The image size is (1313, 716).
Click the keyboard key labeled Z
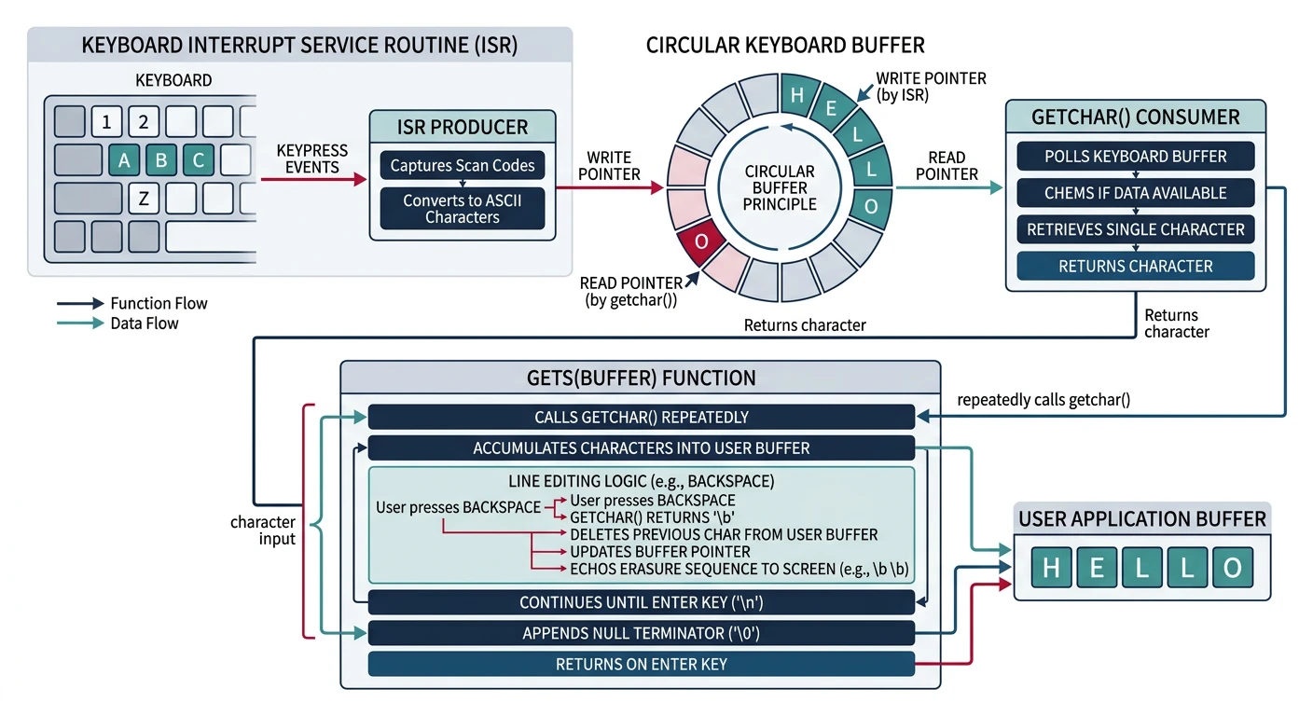click(x=143, y=198)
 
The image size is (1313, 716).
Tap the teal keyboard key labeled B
click(x=161, y=159)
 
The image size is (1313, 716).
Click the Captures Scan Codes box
click(x=462, y=166)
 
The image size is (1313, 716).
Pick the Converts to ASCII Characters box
click(x=462, y=209)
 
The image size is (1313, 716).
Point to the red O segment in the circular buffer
click(x=702, y=241)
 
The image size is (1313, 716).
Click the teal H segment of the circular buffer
click(x=796, y=94)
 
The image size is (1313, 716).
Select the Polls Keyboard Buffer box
click(x=1135, y=156)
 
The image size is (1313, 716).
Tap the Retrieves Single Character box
click(x=1135, y=229)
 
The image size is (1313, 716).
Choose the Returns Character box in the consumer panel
click(x=1135, y=267)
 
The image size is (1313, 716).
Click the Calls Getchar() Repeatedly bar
click(x=641, y=417)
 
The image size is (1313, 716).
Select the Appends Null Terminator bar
click(x=641, y=634)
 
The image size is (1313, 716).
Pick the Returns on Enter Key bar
click(x=641, y=665)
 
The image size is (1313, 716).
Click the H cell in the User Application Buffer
click(x=1051, y=568)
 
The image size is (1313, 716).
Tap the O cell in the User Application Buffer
click(x=1232, y=568)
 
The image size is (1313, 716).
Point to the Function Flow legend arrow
click(x=80, y=303)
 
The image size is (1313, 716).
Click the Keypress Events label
click(x=312, y=158)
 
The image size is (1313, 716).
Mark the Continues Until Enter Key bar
click(x=641, y=602)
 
